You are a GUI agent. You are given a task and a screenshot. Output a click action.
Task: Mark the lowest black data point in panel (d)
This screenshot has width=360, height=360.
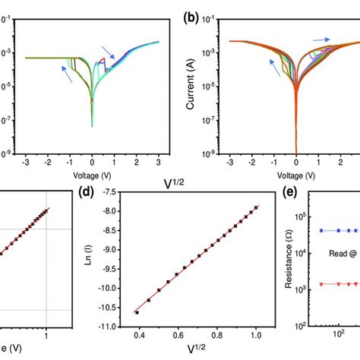click(x=137, y=312)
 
